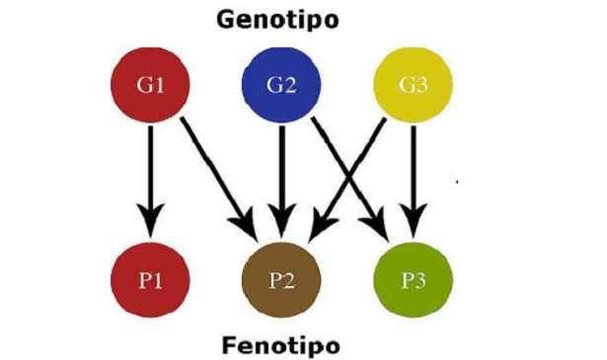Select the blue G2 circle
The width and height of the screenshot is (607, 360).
pyautogui.click(x=281, y=84)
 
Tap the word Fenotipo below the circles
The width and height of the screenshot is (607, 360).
pyautogui.click(x=281, y=344)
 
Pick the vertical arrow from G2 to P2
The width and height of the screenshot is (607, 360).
pyautogui.click(x=281, y=168)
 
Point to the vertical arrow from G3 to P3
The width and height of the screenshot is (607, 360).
pyautogui.click(x=413, y=168)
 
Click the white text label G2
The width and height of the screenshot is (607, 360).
pyautogui.click(x=281, y=84)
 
